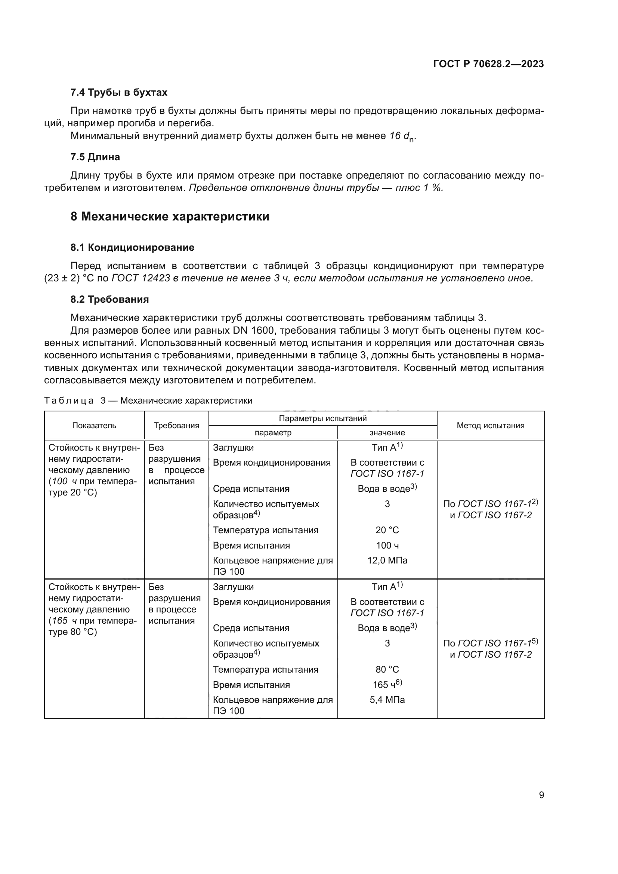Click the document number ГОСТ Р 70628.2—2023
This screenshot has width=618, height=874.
(x=488, y=64)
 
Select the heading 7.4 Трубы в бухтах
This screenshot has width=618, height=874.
(x=119, y=93)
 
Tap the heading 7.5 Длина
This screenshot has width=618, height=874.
(x=95, y=157)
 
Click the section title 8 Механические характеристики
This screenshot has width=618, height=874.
(x=170, y=216)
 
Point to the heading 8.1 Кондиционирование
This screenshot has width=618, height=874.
(x=132, y=247)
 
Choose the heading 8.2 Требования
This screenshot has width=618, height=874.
(x=109, y=299)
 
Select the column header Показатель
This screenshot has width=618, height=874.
(x=94, y=426)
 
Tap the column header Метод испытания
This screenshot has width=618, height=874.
(x=490, y=426)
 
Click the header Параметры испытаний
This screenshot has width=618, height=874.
(x=322, y=419)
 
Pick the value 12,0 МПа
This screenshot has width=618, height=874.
(x=387, y=560)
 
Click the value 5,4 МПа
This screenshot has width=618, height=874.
(x=387, y=699)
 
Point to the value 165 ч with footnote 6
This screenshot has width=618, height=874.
(x=387, y=685)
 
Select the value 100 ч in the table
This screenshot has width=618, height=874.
(x=387, y=546)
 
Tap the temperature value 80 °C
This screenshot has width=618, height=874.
(x=387, y=669)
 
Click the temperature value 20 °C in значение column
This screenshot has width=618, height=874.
(x=387, y=530)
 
